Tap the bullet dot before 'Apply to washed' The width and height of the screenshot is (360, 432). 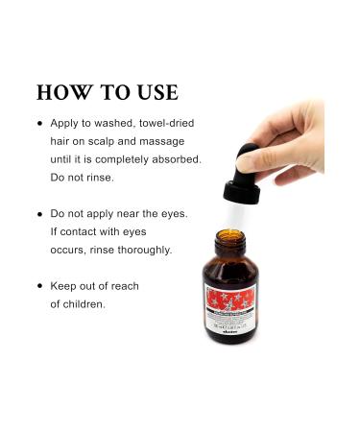39,125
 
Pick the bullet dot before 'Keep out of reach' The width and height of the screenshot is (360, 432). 39,286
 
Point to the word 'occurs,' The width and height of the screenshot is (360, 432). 68,250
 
